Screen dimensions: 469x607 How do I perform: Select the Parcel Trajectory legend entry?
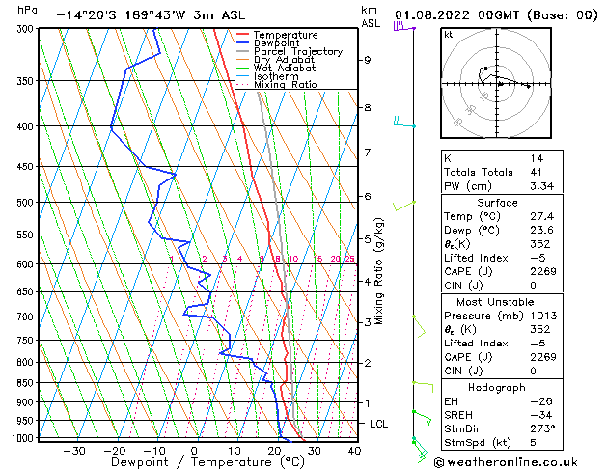tap(297, 51)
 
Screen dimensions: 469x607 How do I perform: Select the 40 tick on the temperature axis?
tap(353, 451)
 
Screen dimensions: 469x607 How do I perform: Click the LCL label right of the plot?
tap(379, 424)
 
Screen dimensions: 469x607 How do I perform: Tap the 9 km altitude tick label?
tap(367, 60)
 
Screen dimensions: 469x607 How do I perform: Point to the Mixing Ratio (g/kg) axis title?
tap(379, 270)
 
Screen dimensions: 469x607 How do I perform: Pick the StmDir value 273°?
tap(540, 428)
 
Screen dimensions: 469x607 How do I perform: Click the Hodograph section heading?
tap(497, 387)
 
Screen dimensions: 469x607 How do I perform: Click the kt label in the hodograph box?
tap(449, 34)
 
